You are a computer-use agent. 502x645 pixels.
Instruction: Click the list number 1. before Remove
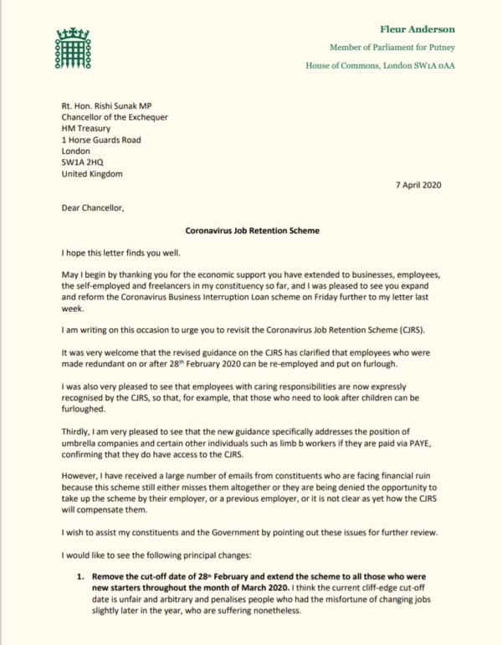pos(83,576)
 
